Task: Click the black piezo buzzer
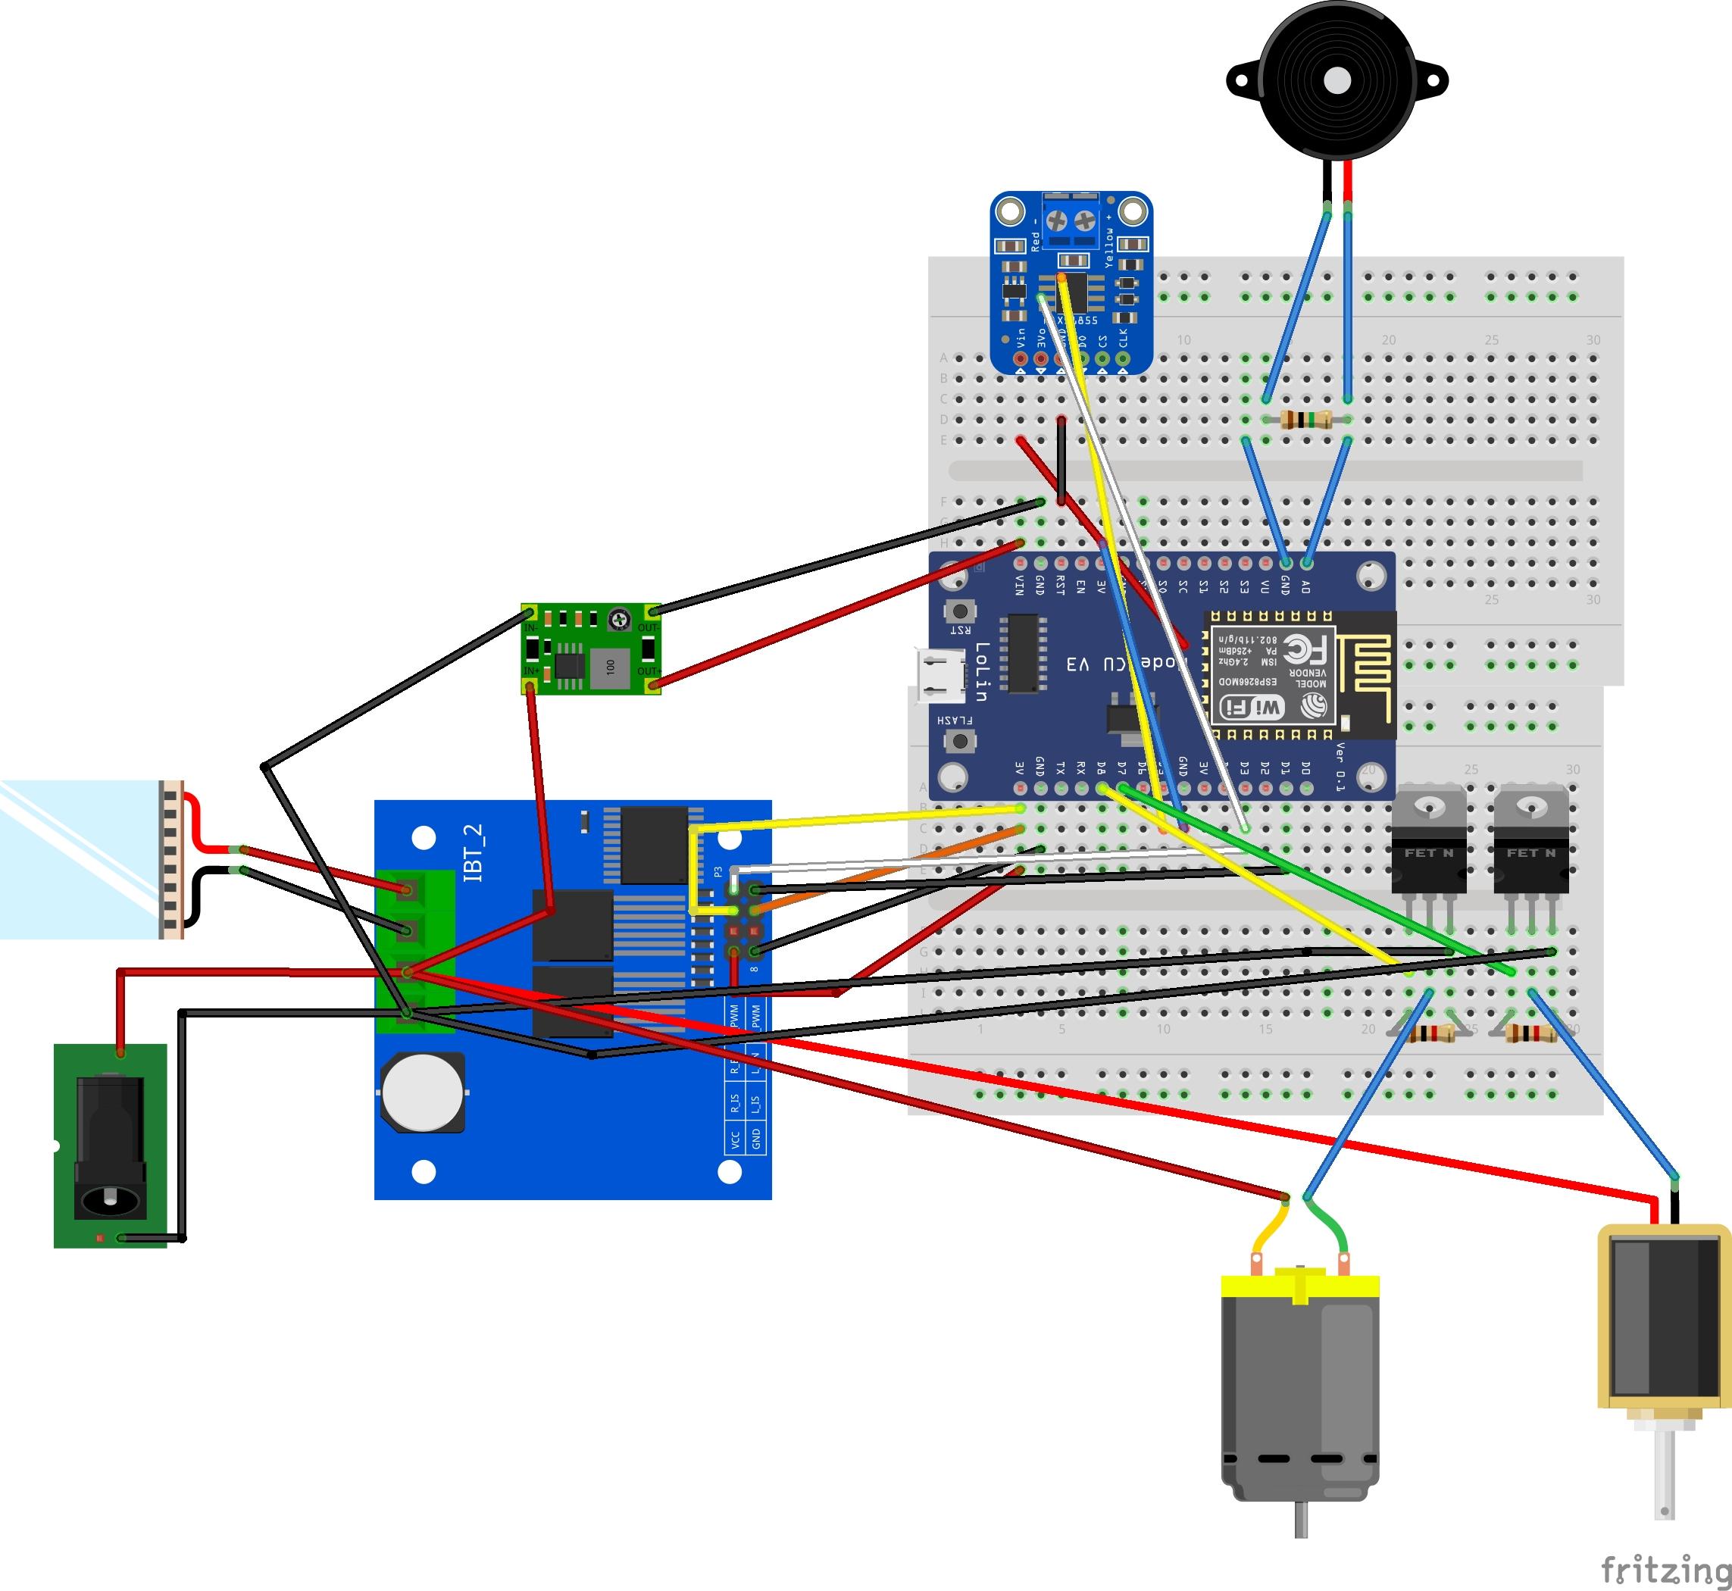pos(1337,82)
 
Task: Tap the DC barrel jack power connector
pos(110,1145)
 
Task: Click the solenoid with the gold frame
pos(1663,1326)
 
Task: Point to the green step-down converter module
pos(590,649)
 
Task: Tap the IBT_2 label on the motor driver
pos(474,852)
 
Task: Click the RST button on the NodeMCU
pos(960,611)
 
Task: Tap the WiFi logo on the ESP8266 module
pos(1252,708)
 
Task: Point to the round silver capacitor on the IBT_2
pos(422,1092)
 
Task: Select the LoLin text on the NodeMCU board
pos(981,671)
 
